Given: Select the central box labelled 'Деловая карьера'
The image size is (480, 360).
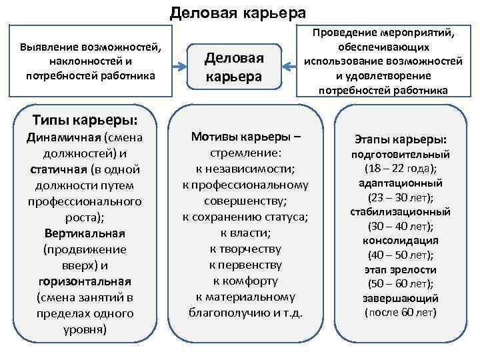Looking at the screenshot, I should point(234,67).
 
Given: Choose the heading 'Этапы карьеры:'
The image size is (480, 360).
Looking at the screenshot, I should point(401,139).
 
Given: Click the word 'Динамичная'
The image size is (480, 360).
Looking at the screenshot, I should point(63,138).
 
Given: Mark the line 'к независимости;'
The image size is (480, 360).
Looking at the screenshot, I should point(245,169).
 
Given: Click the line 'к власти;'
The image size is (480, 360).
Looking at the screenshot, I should point(245,233).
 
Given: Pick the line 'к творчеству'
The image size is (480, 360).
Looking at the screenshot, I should point(245,249).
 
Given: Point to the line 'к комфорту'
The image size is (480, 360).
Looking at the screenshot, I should point(245,281).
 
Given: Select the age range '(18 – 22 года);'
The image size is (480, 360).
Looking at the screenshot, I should point(401,168).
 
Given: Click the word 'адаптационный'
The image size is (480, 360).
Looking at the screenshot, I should point(401,183).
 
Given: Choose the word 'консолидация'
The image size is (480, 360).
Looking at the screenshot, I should point(401,241).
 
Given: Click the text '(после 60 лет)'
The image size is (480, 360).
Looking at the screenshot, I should point(401,313).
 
